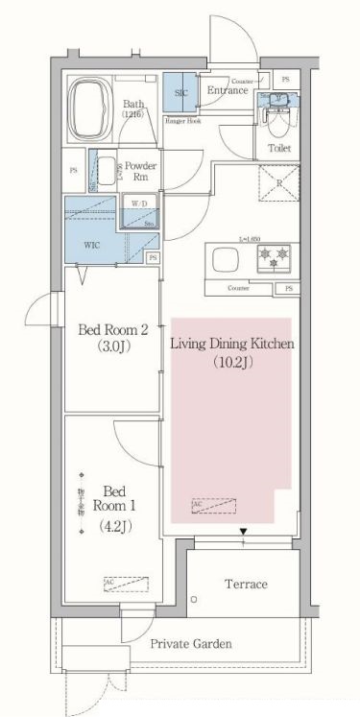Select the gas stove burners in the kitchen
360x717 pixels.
(274, 257)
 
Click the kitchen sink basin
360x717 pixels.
(228, 260)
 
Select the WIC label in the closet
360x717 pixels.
(92, 245)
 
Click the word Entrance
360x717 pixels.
(228, 90)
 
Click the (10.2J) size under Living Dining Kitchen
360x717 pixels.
(231, 364)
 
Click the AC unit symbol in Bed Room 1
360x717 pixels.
(118, 582)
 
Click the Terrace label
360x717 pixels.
(246, 584)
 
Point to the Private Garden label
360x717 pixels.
(189, 644)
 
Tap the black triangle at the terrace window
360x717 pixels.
(244, 532)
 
